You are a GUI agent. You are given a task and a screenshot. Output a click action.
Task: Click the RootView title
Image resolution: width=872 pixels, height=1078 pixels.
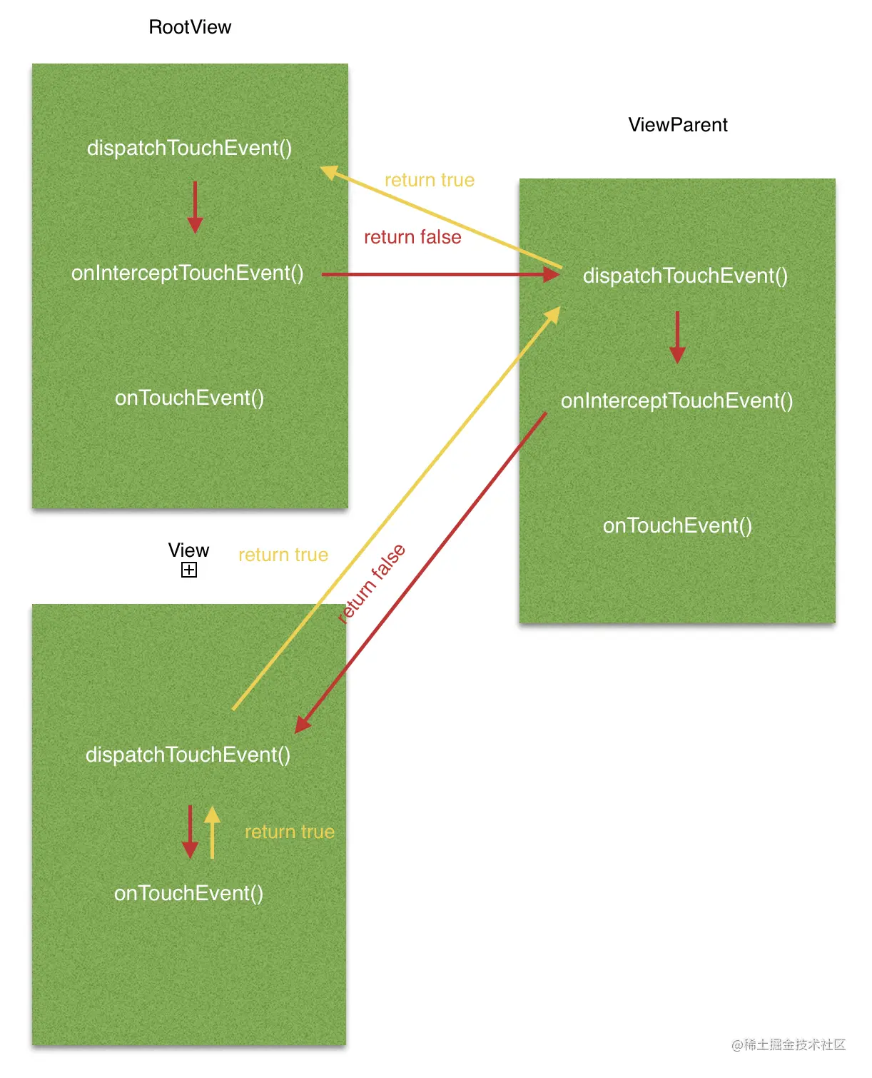(x=190, y=27)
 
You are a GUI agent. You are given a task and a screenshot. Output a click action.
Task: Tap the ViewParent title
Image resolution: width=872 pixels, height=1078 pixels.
(x=677, y=125)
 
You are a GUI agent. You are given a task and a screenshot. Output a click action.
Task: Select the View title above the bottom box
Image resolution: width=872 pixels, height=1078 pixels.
(x=188, y=550)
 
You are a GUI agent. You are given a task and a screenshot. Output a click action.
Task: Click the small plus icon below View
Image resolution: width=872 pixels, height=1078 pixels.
(x=189, y=570)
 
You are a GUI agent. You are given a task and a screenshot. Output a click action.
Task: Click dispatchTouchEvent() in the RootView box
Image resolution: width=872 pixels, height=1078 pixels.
(x=189, y=148)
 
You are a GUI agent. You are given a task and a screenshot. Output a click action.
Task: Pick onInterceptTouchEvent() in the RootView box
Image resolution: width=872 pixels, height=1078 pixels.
(x=187, y=273)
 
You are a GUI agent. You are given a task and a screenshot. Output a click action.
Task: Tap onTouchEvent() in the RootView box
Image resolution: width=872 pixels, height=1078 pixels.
(x=189, y=398)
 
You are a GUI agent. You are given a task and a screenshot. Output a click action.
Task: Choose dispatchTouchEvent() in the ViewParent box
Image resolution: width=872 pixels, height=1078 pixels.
(x=685, y=276)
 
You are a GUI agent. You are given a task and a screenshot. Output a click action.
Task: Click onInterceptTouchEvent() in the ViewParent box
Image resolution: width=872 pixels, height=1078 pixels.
(x=676, y=401)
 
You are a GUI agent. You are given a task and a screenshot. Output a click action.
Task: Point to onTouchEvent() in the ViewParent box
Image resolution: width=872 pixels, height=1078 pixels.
(x=677, y=525)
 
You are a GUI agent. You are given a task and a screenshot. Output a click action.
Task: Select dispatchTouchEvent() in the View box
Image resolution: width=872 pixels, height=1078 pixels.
(x=188, y=755)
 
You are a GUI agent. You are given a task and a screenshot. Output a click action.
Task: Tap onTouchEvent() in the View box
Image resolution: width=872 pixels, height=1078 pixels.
(x=188, y=893)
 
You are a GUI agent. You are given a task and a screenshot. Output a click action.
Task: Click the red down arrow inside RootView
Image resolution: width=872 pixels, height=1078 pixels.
(x=195, y=207)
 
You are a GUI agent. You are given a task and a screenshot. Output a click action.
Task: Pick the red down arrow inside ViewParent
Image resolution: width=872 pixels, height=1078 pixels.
(x=677, y=337)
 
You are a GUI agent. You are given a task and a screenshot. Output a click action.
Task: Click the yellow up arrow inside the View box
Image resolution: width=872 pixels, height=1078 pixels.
(x=212, y=832)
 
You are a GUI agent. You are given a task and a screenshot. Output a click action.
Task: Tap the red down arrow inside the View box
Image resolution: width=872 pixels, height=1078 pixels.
(x=190, y=832)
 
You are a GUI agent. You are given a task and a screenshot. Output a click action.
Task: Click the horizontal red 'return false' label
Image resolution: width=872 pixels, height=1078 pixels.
(x=412, y=237)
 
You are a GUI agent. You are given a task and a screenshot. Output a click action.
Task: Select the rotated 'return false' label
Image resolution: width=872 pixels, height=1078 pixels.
(x=372, y=583)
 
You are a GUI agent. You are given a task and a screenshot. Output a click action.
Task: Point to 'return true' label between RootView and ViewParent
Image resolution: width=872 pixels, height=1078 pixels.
(x=430, y=180)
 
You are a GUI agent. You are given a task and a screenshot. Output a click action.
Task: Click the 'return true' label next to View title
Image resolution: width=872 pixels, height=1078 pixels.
(x=283, y=555)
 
